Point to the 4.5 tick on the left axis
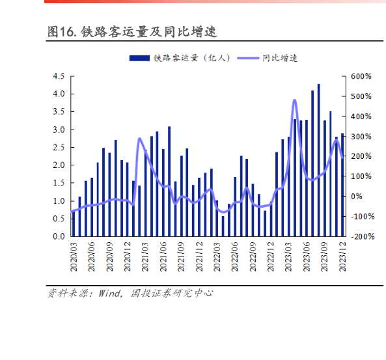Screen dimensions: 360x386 pos(58,76)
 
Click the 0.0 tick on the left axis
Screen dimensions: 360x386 pos(58,237)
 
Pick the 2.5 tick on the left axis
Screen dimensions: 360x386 pos(58,148)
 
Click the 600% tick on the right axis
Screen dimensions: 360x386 pos(361,76)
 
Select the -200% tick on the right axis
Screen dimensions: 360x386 pos(360,237)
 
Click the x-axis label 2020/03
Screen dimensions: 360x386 pos(73,256)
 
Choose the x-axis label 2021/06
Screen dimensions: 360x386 pos(163,256)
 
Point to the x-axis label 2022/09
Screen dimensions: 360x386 pos(253,256)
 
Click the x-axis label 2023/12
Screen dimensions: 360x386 pos(342,256)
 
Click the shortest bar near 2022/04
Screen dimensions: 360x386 pos(223,226)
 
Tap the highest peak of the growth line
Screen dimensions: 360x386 pos(294,100)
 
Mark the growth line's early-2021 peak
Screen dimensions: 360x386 pos(139,139)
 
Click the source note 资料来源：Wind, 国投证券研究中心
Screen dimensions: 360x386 pos(130,294)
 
